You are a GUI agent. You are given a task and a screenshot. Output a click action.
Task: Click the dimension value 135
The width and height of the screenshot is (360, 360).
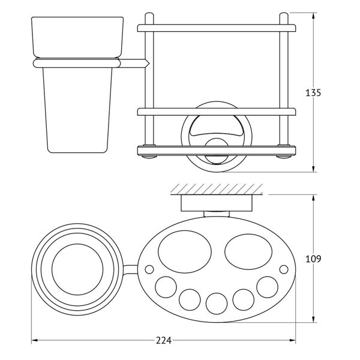(x=313, y=93)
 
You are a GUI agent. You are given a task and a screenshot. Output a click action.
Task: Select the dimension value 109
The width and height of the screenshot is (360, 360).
(x=313, y=259)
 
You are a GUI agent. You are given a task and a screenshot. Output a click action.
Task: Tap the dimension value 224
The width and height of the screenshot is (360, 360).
(x=164, y=340)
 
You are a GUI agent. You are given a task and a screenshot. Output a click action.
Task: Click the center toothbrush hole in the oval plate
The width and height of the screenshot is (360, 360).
(x=217, y=304)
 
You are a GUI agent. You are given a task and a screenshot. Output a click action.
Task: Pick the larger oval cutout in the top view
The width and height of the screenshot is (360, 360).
(x=185, y=251)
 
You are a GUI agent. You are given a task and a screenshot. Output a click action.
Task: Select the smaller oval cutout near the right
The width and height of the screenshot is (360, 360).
(x=248, y=251)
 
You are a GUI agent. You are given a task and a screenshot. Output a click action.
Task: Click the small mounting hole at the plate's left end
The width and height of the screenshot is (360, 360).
(x=149, y=269)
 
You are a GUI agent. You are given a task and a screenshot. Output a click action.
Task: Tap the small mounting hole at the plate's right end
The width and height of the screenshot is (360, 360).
(x=284, y=269)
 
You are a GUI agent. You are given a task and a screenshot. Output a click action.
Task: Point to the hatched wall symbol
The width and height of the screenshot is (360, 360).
(x=217, y=189)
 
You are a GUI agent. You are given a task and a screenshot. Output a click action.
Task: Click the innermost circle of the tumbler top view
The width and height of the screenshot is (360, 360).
(x=77, y=269)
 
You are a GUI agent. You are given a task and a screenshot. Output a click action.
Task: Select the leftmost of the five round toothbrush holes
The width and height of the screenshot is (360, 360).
(x=166, y=287)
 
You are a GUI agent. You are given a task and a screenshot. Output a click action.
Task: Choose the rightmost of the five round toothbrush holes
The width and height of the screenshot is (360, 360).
(x=267, y=287)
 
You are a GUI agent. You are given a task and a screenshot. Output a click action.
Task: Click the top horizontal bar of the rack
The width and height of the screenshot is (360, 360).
(x=217, y=28)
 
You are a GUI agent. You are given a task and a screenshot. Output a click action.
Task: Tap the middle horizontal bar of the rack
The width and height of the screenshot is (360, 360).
(x=217, y=112)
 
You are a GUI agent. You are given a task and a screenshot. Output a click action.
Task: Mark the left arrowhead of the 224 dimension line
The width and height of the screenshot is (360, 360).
(x=34, y=340)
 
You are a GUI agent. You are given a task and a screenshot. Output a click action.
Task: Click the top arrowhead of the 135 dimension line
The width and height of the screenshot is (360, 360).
(x=313, y=16)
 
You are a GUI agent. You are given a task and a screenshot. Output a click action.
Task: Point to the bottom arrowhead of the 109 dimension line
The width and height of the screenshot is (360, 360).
(x=313, y=319)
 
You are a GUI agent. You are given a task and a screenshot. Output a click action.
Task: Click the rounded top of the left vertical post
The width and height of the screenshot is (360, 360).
(x=149, y=15)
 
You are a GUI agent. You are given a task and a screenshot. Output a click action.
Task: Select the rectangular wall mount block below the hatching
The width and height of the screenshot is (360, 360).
(x=217, y=203)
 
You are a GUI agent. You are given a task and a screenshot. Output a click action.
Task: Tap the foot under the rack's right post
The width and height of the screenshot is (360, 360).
(x=284, y=157)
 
